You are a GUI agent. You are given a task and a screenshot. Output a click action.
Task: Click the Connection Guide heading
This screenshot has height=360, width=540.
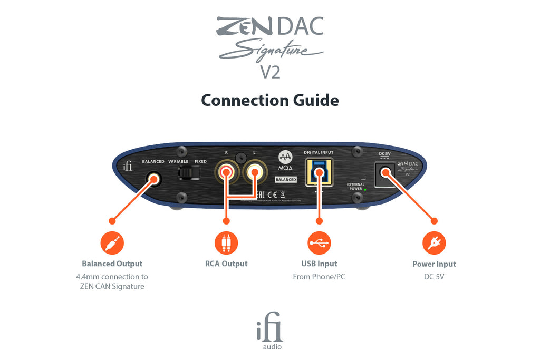click(x=270, y=100)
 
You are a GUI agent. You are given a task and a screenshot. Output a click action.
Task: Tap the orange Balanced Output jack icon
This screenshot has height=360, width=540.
click(x=112, y=243)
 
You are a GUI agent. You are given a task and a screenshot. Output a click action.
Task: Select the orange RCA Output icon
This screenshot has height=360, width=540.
click(x=226, y=243)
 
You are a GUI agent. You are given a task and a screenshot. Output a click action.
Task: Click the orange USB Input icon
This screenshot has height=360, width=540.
click(x=319, y=243)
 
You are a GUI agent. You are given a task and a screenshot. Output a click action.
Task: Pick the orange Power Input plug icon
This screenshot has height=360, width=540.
click(x=434, y=243)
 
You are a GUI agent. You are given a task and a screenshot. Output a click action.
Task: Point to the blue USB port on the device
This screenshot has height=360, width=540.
click(x=319, y=172)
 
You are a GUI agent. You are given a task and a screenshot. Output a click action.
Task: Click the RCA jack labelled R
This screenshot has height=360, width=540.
click(x=226, y=171)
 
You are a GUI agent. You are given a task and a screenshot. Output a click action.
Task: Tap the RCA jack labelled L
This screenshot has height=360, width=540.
click(x=254, y=171)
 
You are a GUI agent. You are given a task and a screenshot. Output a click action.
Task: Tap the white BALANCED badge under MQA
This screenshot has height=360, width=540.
click(x=285, y=180)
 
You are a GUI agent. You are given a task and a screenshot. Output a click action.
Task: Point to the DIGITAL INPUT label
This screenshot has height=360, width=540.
click(x=319, y=153)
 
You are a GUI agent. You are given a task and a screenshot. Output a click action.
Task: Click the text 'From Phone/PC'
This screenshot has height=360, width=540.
click(x=319, y=277)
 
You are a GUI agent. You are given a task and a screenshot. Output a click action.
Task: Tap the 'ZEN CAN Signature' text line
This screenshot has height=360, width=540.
click(x=112, y=287)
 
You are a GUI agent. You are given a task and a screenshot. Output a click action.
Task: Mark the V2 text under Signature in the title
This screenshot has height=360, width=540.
click(x=270, y=72)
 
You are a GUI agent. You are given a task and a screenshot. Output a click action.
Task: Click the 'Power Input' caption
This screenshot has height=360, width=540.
click(x=434, y=264)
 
